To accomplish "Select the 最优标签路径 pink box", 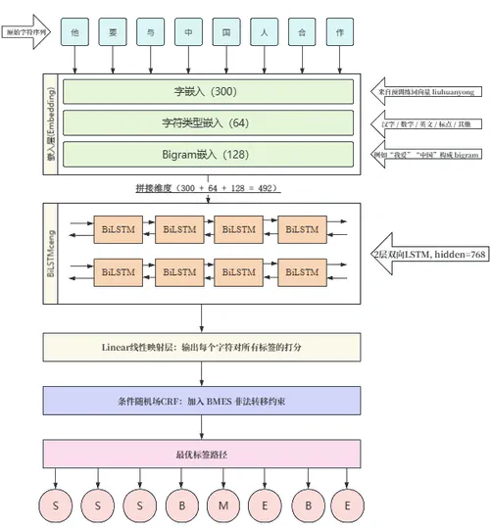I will point(202,455).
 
